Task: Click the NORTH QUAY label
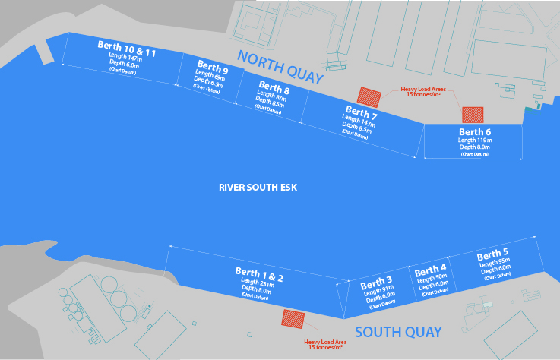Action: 280,67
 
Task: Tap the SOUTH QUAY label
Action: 397,332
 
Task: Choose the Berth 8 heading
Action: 274,87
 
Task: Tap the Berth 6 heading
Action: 474,131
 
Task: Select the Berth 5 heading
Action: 493,253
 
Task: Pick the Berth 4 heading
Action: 431,270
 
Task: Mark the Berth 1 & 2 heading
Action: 258,274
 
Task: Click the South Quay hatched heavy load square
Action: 293,318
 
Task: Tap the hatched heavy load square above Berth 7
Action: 369,96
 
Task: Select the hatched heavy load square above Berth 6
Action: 472,114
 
